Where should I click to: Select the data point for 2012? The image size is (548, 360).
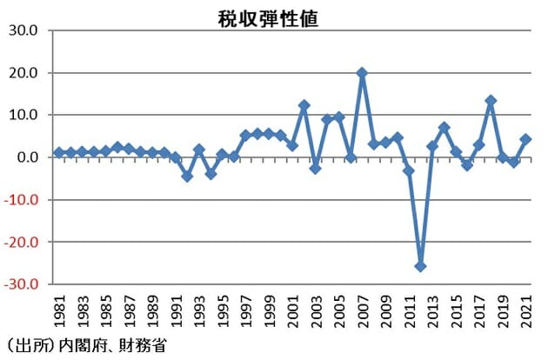[421, 266]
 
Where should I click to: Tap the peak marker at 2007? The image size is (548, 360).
[362, 73]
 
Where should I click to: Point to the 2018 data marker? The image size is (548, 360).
[491, 101]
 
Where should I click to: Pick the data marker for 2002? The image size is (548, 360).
[304, 105]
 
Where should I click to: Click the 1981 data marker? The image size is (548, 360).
[59, 152]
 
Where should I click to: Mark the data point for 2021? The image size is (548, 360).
[526, 139]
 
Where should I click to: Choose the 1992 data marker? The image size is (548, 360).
[187, 176]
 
